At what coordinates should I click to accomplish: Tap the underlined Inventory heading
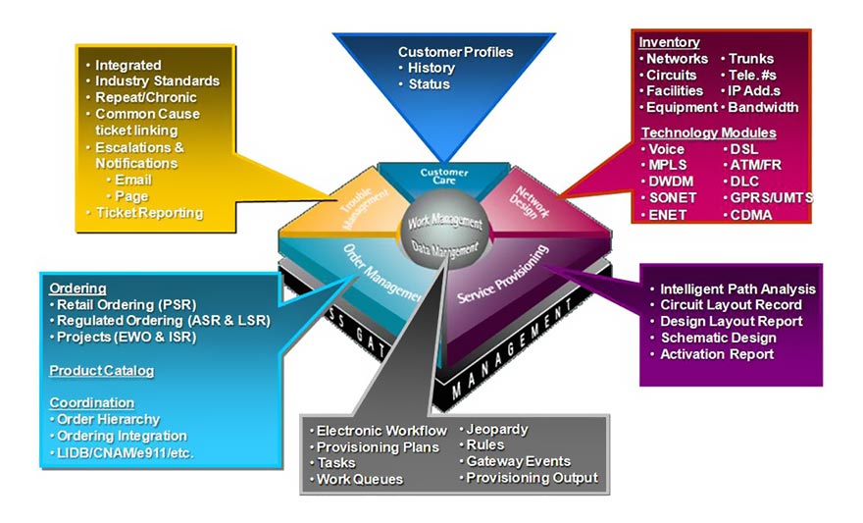669,42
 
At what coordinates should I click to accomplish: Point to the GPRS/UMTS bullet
770,196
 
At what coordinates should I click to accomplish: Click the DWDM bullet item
670,182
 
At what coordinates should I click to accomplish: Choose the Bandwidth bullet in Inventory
762,107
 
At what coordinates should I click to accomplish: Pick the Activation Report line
716,354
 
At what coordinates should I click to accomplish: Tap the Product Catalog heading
102,370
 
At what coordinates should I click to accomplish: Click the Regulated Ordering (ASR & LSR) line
162,321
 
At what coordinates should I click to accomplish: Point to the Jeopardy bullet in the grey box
496,430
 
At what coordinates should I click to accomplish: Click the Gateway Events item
517,461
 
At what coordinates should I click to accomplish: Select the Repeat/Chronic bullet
144,97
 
